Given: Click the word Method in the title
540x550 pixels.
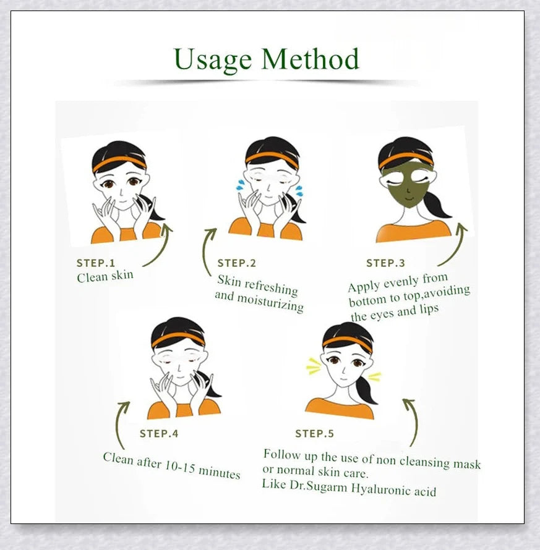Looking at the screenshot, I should coord(310,59).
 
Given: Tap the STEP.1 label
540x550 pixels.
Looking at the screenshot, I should coord(96,263).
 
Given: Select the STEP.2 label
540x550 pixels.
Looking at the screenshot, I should coord(236,263).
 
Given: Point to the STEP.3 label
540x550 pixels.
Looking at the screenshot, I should coord(385,263).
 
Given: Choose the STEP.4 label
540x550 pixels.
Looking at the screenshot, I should coord(159,434).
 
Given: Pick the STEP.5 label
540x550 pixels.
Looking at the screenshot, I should coord(314,434).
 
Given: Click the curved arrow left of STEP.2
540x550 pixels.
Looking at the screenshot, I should coord(208,250).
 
